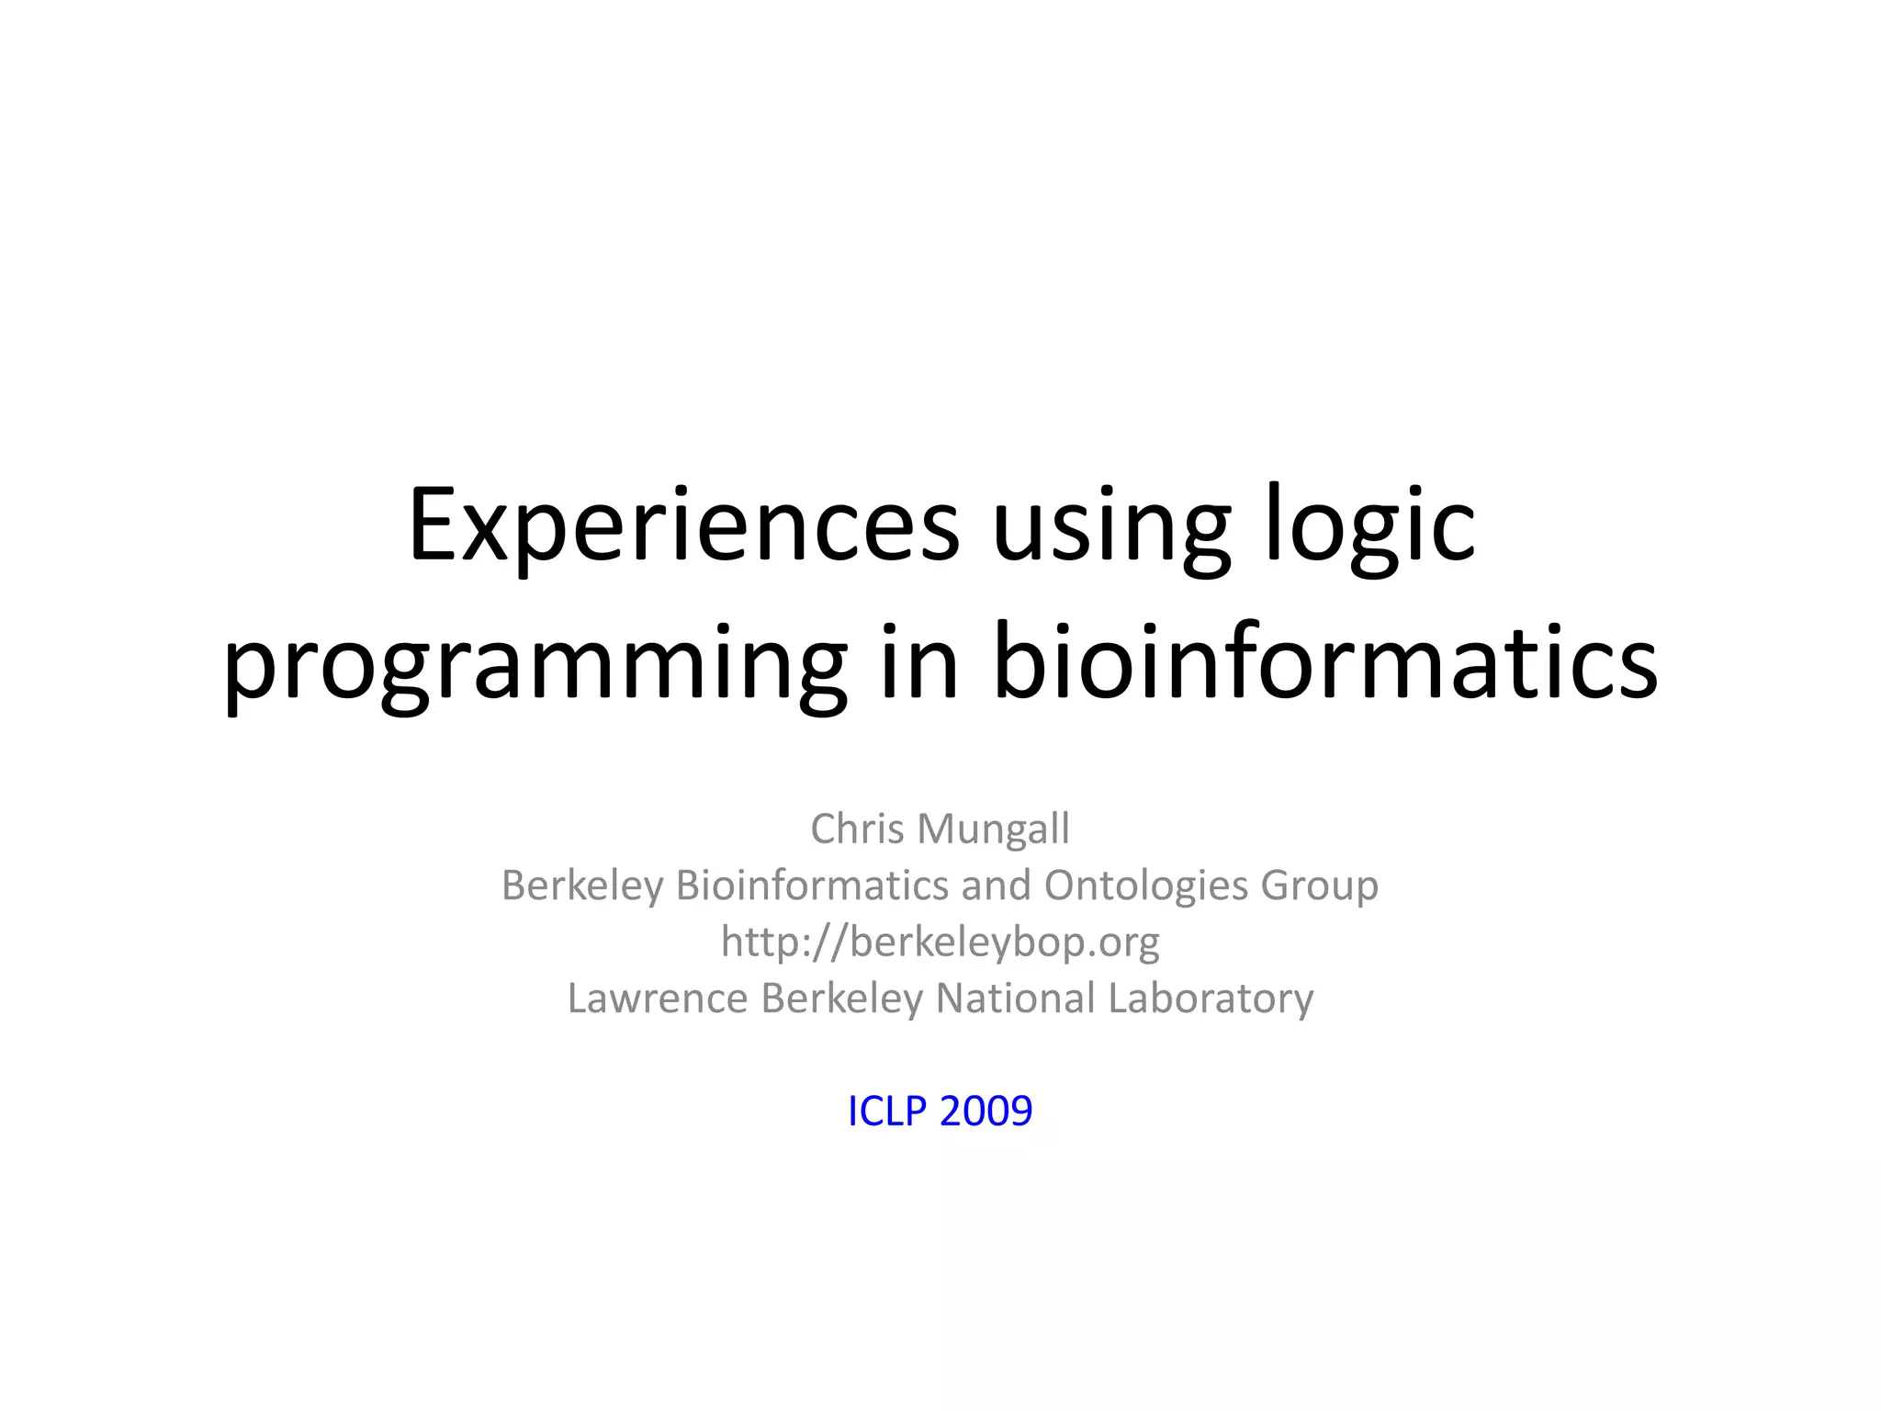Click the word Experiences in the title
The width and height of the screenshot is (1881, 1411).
pos(683,526)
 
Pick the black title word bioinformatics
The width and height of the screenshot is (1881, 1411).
pos(1325,660)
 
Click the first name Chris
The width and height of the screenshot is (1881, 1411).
pos(858,829)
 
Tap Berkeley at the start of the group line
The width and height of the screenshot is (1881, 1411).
pos(582,886)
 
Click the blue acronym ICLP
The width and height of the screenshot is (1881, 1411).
pos(887,1112)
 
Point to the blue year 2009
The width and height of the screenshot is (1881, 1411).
pos(986,1112)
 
